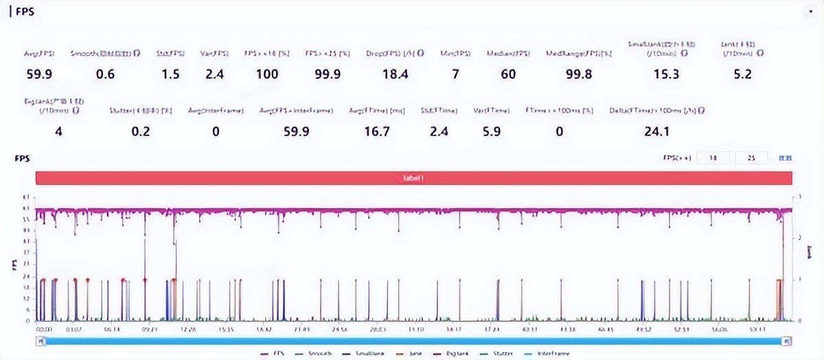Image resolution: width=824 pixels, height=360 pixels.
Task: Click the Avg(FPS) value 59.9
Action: (x=40, y=74)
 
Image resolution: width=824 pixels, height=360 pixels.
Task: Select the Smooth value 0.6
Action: (x=105, y=74)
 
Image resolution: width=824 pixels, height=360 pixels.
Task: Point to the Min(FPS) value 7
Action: (x=455, y=74)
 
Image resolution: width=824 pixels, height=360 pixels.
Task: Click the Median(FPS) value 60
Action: (x=508, y=74)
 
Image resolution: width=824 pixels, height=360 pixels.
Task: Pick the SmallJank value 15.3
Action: (x=665, y=74)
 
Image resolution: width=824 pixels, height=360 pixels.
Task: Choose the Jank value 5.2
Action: (x=742, y=74)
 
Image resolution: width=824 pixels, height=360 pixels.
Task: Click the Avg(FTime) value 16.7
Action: (x=377, y=132)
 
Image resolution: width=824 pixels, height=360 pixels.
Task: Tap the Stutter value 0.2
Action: (x=141, y=132)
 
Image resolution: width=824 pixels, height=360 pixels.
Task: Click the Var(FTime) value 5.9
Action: (x=492, y=132)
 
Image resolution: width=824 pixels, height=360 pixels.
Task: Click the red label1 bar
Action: (x=414, y=178)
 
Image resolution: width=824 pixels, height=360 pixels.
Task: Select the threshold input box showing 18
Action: (x=713, y=158)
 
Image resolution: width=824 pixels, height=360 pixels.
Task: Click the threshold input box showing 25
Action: (x=751, y=158)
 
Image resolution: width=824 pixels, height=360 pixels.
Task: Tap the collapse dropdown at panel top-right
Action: (x=810, y=12)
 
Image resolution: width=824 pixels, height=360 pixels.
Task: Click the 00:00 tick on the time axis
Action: (x=44, y=330)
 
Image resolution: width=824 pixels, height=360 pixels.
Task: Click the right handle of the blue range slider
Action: (x=787, y=341)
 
